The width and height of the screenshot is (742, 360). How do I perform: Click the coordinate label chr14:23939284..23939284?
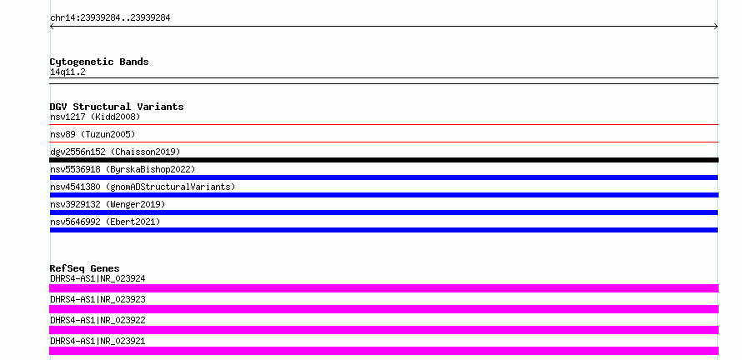(x=110, y=18)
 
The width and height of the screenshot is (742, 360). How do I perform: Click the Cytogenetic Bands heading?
(x=99, y=62)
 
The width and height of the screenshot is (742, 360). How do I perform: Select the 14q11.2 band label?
(x=68, y=72)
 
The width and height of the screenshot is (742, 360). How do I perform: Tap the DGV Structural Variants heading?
(x=117, y=107)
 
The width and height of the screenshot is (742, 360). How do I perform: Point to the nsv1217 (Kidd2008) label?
(x=95, y=117)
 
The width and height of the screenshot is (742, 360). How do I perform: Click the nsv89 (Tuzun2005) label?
(x=93, y=134)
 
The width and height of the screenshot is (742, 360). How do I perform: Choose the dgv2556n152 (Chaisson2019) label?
(x=115, y=152)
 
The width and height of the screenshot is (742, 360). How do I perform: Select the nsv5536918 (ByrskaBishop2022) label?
(x=123, y=169)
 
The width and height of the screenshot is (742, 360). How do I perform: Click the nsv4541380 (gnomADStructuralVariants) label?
(x=143, y=187)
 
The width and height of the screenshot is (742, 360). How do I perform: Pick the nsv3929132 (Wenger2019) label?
(x=108, y=204)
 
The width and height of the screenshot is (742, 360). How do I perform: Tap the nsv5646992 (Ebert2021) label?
(x=105, y=222)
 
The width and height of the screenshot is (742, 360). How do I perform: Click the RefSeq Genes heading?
(x=85, y=268)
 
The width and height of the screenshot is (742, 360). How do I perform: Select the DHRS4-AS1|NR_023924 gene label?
(x=98, y=278)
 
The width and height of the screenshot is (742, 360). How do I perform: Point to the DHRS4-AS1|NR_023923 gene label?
(x=98, y=299)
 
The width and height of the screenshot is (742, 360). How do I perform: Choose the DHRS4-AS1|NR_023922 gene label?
(x=98, y=320)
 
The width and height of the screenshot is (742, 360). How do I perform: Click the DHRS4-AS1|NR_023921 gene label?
(x=98, y=341)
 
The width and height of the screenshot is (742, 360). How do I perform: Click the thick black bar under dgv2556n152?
(x=384, y=160)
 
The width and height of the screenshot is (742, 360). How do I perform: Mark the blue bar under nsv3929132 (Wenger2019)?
(x=384, y=212)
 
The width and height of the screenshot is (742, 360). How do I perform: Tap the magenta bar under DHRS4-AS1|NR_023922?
(x=384, y=330)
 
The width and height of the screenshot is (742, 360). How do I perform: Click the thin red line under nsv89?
(x=384, y=142)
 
